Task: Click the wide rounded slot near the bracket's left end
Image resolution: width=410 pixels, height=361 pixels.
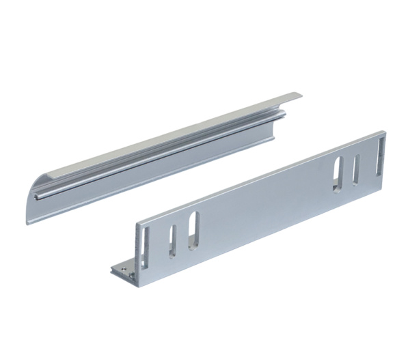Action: (193, 229)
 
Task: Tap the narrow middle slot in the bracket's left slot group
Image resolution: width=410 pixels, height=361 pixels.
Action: (172, 240)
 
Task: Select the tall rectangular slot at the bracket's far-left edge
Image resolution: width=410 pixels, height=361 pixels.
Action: (146, 246)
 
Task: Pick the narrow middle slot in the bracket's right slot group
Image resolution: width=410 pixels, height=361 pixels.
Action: (356, 169)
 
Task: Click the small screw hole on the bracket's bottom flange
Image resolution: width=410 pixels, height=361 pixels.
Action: (122, 270)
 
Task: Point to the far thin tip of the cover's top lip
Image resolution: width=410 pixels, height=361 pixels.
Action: (299, 93)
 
